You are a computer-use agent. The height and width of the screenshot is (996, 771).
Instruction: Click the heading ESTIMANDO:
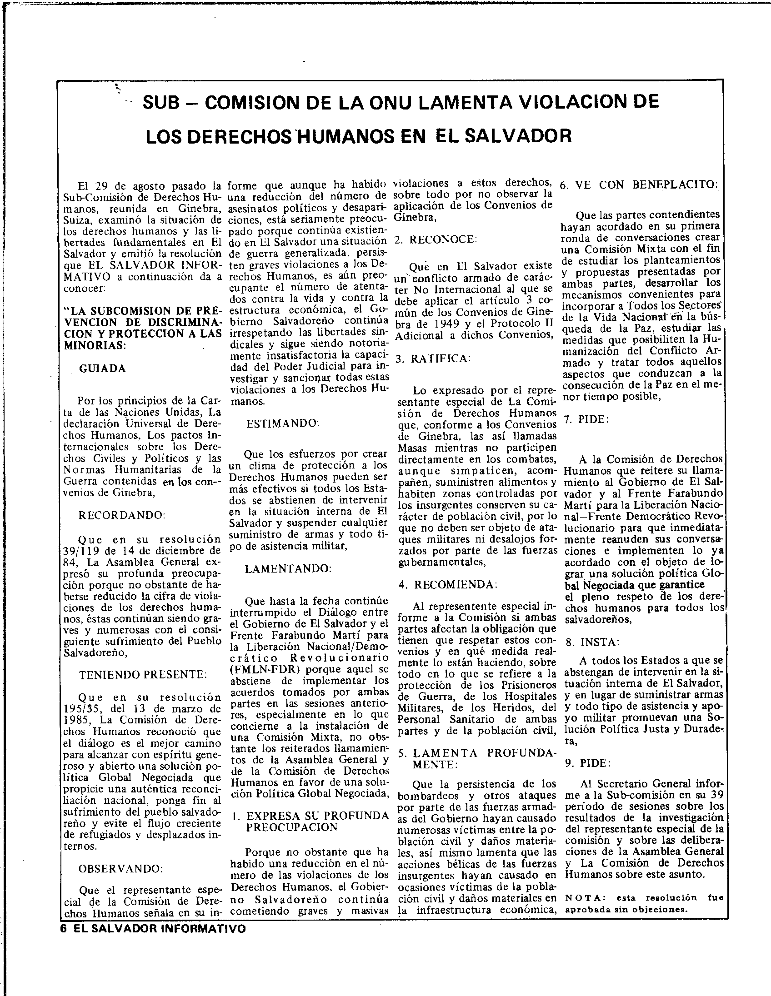(x=283, y=423)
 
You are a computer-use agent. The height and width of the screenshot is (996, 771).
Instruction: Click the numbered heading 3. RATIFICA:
(x=432, y=359)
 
